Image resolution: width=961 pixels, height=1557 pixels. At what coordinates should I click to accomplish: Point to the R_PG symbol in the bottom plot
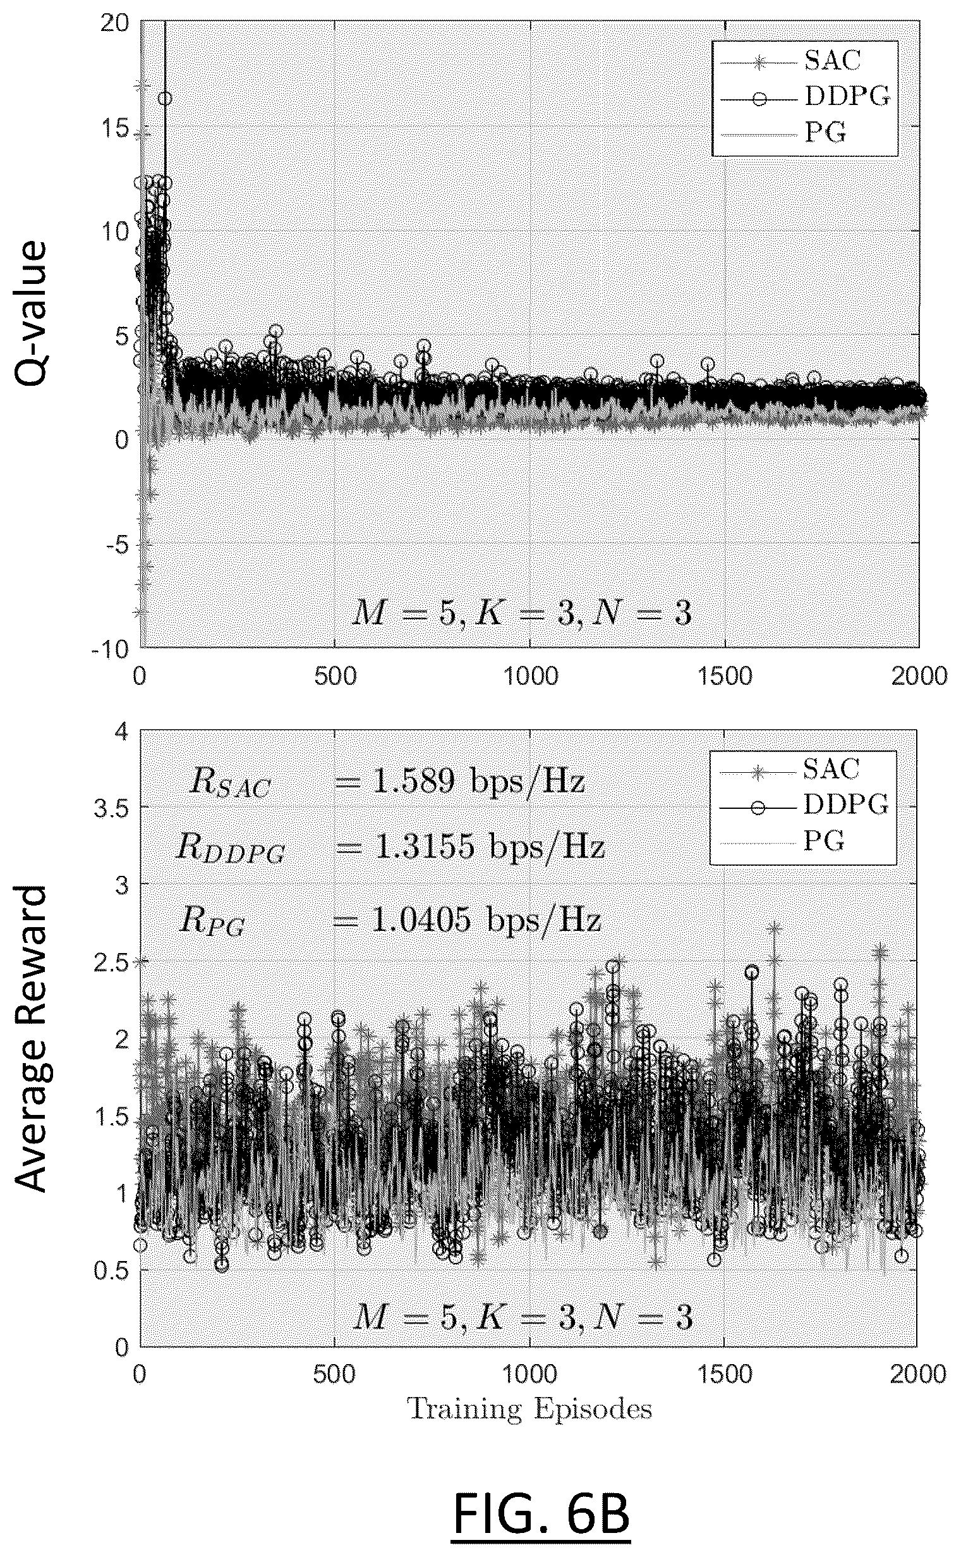pyautogui.click(x=212, y=921)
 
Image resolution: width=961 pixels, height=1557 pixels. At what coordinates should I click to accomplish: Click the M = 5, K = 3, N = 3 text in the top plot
pyautogui.click(x=522, y=614)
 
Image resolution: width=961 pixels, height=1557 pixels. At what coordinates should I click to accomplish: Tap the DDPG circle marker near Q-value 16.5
pyautogui.click(x=165, y=99)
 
